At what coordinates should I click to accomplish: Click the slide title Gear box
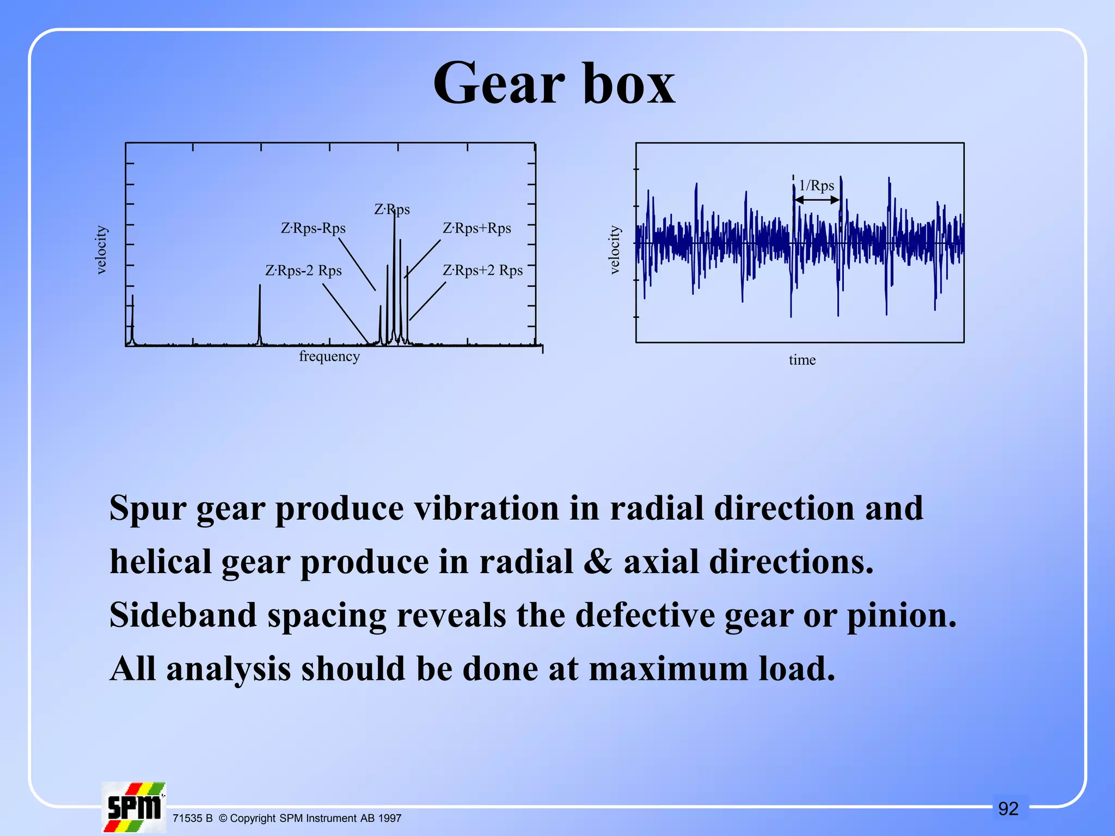click(x=554, y=84)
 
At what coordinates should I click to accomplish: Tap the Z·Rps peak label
click(x=391, y=210)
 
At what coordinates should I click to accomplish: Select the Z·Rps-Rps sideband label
click(x=313, y=228)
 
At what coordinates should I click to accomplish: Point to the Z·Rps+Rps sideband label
click(x=476, y=228)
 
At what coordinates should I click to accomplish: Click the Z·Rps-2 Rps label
click(x=303, y=271)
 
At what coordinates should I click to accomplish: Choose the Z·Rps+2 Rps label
click(x=482, y=271)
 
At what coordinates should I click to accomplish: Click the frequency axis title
click(x=329, y=356)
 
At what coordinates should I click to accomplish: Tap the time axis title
click(x=802, y=360)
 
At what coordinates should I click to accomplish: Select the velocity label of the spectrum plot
click(x=101, y=250)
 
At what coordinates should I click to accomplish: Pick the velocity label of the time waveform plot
click(x=614, y=250)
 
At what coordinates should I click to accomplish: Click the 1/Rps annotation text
click(x=816, y=186)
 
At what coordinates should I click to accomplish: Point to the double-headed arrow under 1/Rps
click(x=817, y=200)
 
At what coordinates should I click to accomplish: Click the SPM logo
click(x=134, y=807)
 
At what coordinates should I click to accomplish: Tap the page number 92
click(x=1008, y=809)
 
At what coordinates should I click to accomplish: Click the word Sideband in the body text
click(x=183, y=615)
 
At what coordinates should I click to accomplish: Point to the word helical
click(x=160, y=562)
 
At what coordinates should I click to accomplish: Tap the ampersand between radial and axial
click(x=598, y=562)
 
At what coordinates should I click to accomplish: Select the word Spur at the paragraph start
click(x=148, y=508)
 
